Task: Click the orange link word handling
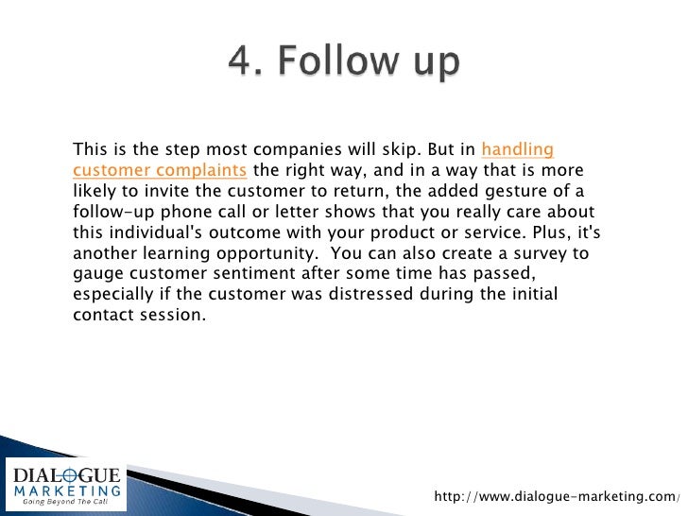coord(517,149)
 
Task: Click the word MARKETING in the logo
coord(64,490)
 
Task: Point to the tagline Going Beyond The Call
coord(64,503)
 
